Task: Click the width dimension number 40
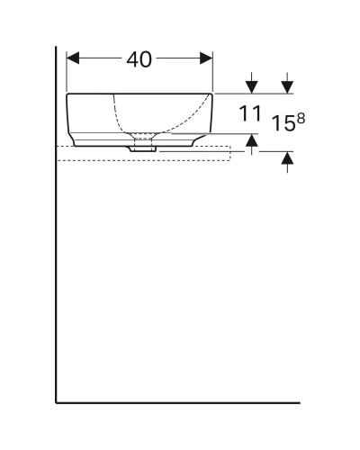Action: pyautogui.click(x=139, y=59)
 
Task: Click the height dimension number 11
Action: pyautogui.click(x=250, y=113)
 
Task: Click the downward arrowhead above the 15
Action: pyautogui.click(x=287, y=86)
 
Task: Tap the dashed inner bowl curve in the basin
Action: pyautogui.click(x=120, y=117)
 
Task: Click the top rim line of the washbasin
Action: pyautogui.click(x=139, y=93)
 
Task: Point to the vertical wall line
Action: pyautogui.click(x=57, y=270)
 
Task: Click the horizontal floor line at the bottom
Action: pyautogui.click(x=180, y=402)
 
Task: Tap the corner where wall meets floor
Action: pyautogui.click(x=57, y=402)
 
